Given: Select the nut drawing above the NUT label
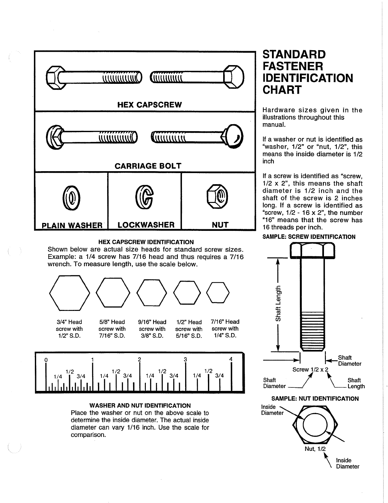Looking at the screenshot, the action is tap(217, 196).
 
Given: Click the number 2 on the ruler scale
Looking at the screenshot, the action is tap(139, 359).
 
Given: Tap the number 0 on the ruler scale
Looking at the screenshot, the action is tap(46, 360).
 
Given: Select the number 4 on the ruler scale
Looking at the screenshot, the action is tap(231, 359).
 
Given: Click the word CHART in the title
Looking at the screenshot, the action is tap(282, 90).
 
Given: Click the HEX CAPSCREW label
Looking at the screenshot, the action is tap(150, 105).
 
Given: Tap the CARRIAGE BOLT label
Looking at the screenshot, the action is tap(148, 166).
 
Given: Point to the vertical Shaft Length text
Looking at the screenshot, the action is tap(278, 304).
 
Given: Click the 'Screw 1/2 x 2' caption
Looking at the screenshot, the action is tap(310, 369).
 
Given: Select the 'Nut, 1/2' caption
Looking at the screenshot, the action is tap(315, 449).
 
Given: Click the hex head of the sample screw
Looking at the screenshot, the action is tap(312, 250).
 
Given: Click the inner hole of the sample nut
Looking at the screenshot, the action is tap(315, 425).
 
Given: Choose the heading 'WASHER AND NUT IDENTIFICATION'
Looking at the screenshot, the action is tap(140, 406).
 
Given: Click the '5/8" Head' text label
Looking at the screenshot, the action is tap(112, 322).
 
